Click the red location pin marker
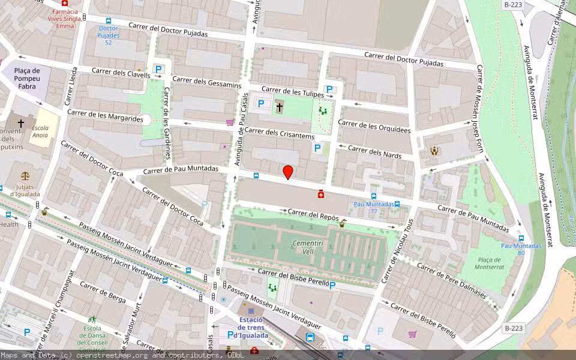(288, 172)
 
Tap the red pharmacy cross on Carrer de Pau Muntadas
(321, 194)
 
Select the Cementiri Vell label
(303, 247)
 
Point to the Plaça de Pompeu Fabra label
(19, 79)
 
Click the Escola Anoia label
(40, 131)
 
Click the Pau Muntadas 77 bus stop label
(374, 208)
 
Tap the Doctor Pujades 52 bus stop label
(109, 35)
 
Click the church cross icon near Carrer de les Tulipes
(279, 108)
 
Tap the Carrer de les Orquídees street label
(374, 126)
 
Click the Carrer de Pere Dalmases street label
(451, 280)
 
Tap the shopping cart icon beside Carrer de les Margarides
(229, 122)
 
